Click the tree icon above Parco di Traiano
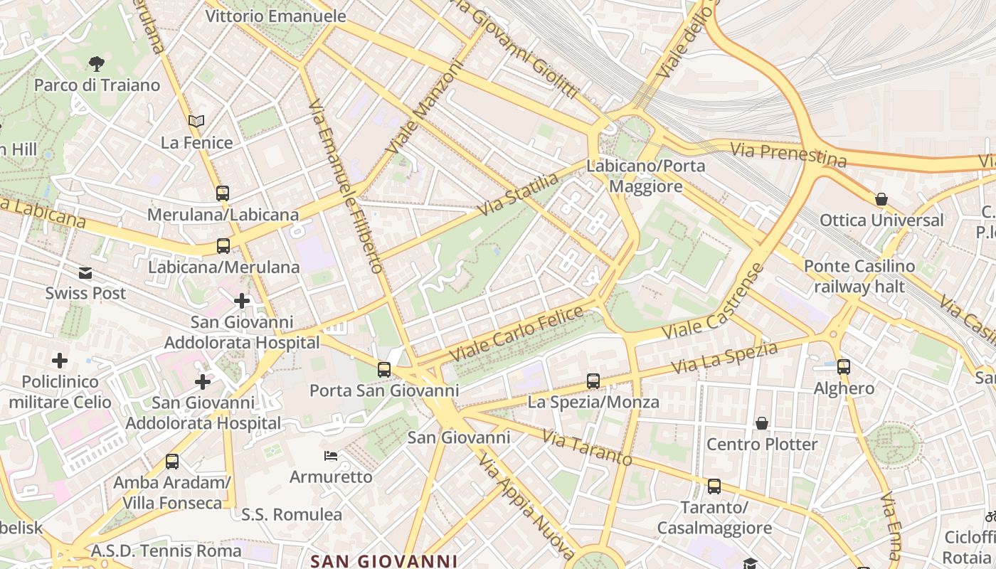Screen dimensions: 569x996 (x=97, y=65)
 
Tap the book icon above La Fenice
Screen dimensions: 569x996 (x=196, y=122)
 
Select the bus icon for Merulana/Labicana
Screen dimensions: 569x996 (x=223, y=193)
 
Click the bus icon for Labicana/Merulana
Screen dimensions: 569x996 (x=223, y=246)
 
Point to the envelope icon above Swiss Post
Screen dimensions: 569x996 (x=85, y=273)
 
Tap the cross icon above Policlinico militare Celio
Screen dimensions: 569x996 (x=60, y=361)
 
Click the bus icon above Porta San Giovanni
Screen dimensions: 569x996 (x=384, y=369)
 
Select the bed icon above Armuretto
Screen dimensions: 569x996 (x=331, y=455)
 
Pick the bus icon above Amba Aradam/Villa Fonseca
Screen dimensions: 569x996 (x=172, y=462)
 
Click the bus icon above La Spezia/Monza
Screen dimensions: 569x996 (x=593, y=381)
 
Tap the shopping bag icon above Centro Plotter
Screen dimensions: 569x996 (x=762, y=423)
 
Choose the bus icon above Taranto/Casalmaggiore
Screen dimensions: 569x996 (x=714, y=486)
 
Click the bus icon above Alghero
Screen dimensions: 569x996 (x=844, y=367)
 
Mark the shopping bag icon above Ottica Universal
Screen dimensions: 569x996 (x=881, y=199)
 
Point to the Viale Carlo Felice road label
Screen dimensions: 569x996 (x=516, y=332)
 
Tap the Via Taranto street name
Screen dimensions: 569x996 (x=587, y=448)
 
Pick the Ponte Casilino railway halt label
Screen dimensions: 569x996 (x=859, y=277)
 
